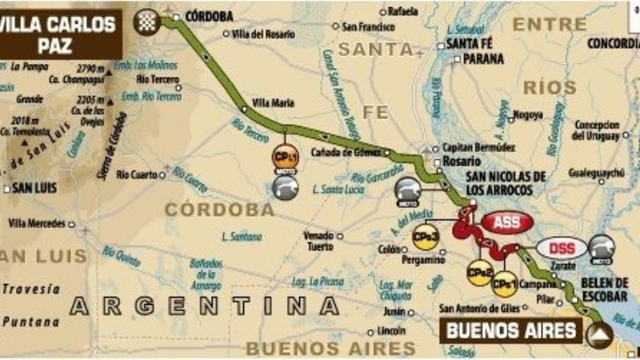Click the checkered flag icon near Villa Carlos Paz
coord(146,21)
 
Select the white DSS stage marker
coord(561,248)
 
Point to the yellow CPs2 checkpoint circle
coord(480,273)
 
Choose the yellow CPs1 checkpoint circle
coord(504,282)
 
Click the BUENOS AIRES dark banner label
coord(512,330)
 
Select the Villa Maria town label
coord(273,103)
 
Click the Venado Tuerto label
coord(318,241)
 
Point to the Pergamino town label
coord(424,261)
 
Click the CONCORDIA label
coord(613,43)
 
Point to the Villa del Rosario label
coord(263,34)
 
